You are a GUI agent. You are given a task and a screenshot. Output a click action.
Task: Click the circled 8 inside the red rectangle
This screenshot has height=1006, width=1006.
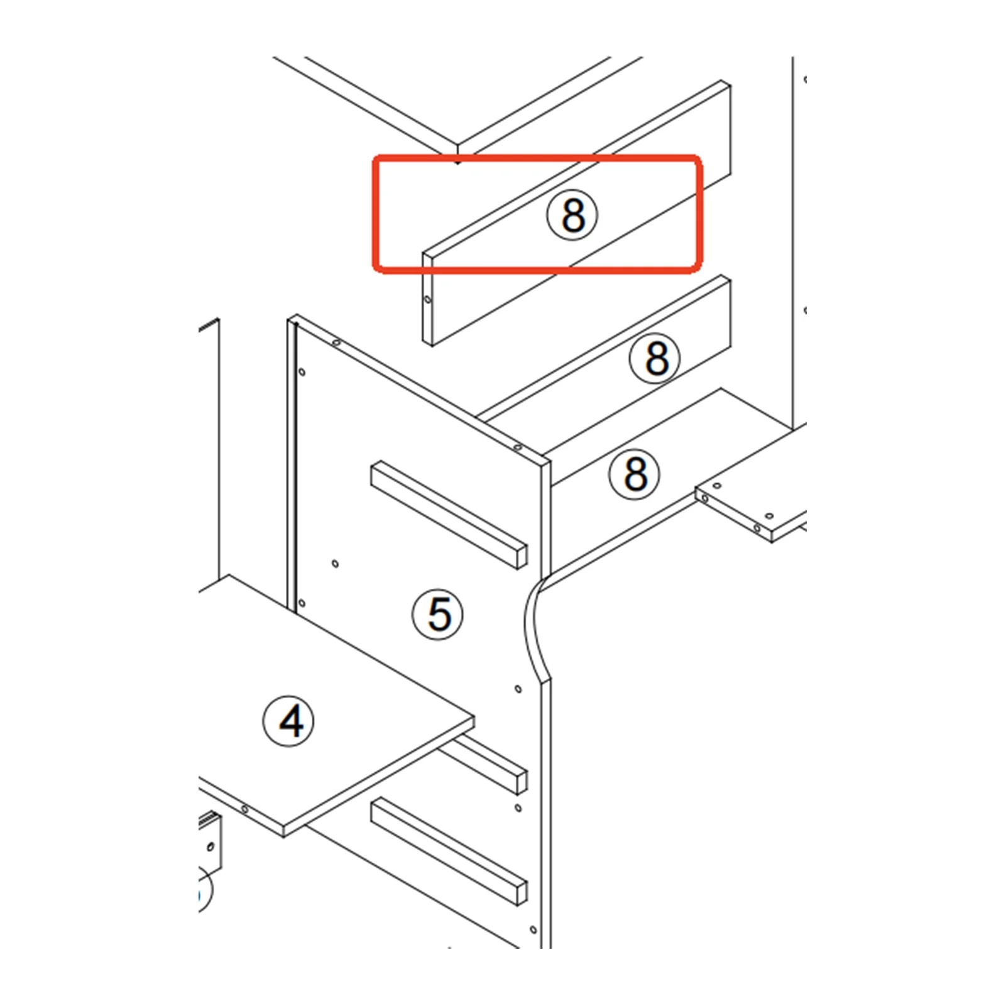[x=572, y=215]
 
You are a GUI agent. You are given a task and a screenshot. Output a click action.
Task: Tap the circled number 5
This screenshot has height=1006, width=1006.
[x=438, y=614]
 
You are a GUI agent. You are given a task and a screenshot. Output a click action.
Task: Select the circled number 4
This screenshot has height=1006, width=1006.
[x=289, y=721]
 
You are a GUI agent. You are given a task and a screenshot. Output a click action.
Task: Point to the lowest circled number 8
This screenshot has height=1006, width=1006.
[x=635, y=474]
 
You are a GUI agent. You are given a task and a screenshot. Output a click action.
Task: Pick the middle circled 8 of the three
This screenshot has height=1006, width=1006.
[x=655, y=358]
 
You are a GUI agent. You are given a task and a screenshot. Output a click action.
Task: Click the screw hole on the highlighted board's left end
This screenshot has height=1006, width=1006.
[x=428, y=300]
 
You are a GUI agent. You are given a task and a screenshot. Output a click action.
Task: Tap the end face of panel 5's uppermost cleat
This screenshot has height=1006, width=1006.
[x=521, y=557]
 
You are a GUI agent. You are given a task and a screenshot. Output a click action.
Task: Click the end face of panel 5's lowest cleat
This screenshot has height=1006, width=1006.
[x=521, y=894]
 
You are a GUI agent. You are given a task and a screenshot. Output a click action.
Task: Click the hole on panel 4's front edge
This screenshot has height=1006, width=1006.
[x=244, y=809]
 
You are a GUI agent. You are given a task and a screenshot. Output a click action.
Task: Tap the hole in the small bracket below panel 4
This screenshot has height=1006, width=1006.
[x=210, y=847]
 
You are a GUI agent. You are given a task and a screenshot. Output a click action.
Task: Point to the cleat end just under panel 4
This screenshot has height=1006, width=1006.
[x=521, y=781]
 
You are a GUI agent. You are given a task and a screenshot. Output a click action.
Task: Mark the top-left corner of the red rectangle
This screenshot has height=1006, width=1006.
[x=374, y=156]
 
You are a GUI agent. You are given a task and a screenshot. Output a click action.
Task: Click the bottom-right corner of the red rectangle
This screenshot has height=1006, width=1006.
[x=700, y=271]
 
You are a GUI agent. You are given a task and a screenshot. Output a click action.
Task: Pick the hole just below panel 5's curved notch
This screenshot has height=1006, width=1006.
[x=518, y=689]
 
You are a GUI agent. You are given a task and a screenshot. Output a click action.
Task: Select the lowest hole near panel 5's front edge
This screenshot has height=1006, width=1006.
[x=533, y=930]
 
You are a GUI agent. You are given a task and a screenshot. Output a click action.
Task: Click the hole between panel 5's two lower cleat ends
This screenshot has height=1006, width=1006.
[x=518, y=807]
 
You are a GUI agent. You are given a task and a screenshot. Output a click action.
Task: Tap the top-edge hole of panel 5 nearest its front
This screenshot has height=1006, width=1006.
[x=517, y=447]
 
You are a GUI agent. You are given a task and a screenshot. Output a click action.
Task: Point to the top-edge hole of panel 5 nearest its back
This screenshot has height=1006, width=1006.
[x=336, y=342]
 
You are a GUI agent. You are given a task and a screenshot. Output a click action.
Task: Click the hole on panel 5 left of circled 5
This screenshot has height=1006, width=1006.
[x=335, y=564]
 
